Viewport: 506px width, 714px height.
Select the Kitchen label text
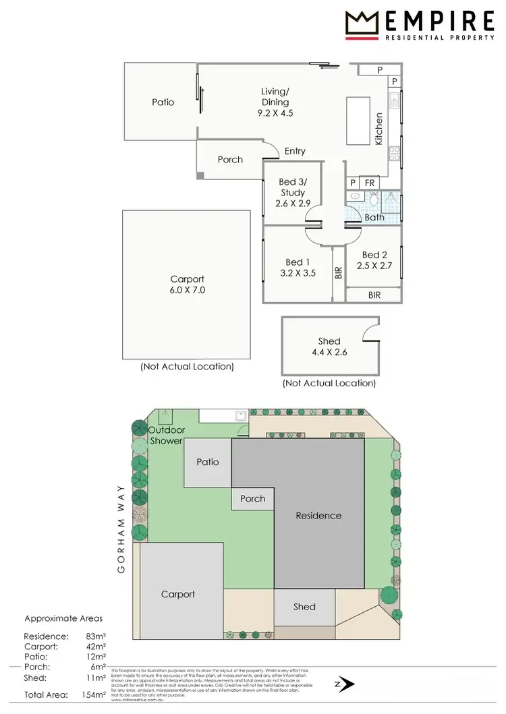tap(378, 128)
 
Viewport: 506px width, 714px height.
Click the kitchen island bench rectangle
tap(358, 121)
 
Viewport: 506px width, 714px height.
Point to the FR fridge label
tap(370, 183)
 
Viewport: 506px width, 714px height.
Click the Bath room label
tap(374, 217)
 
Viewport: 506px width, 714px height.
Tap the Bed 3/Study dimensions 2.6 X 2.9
tap(291, 204)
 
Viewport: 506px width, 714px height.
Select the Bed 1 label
tap(294, 262)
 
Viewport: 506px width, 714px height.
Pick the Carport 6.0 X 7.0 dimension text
tap(187, 291)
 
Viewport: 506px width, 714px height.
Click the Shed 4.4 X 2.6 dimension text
tap(331, 352)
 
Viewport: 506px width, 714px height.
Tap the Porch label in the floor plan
tap(230, 160)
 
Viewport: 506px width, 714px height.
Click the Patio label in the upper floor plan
tap(163, 102)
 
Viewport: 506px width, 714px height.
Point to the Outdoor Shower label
tap(166, 436)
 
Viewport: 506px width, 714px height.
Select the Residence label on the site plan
tap(318, 516)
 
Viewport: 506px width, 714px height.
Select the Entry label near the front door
tap(295, 151)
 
